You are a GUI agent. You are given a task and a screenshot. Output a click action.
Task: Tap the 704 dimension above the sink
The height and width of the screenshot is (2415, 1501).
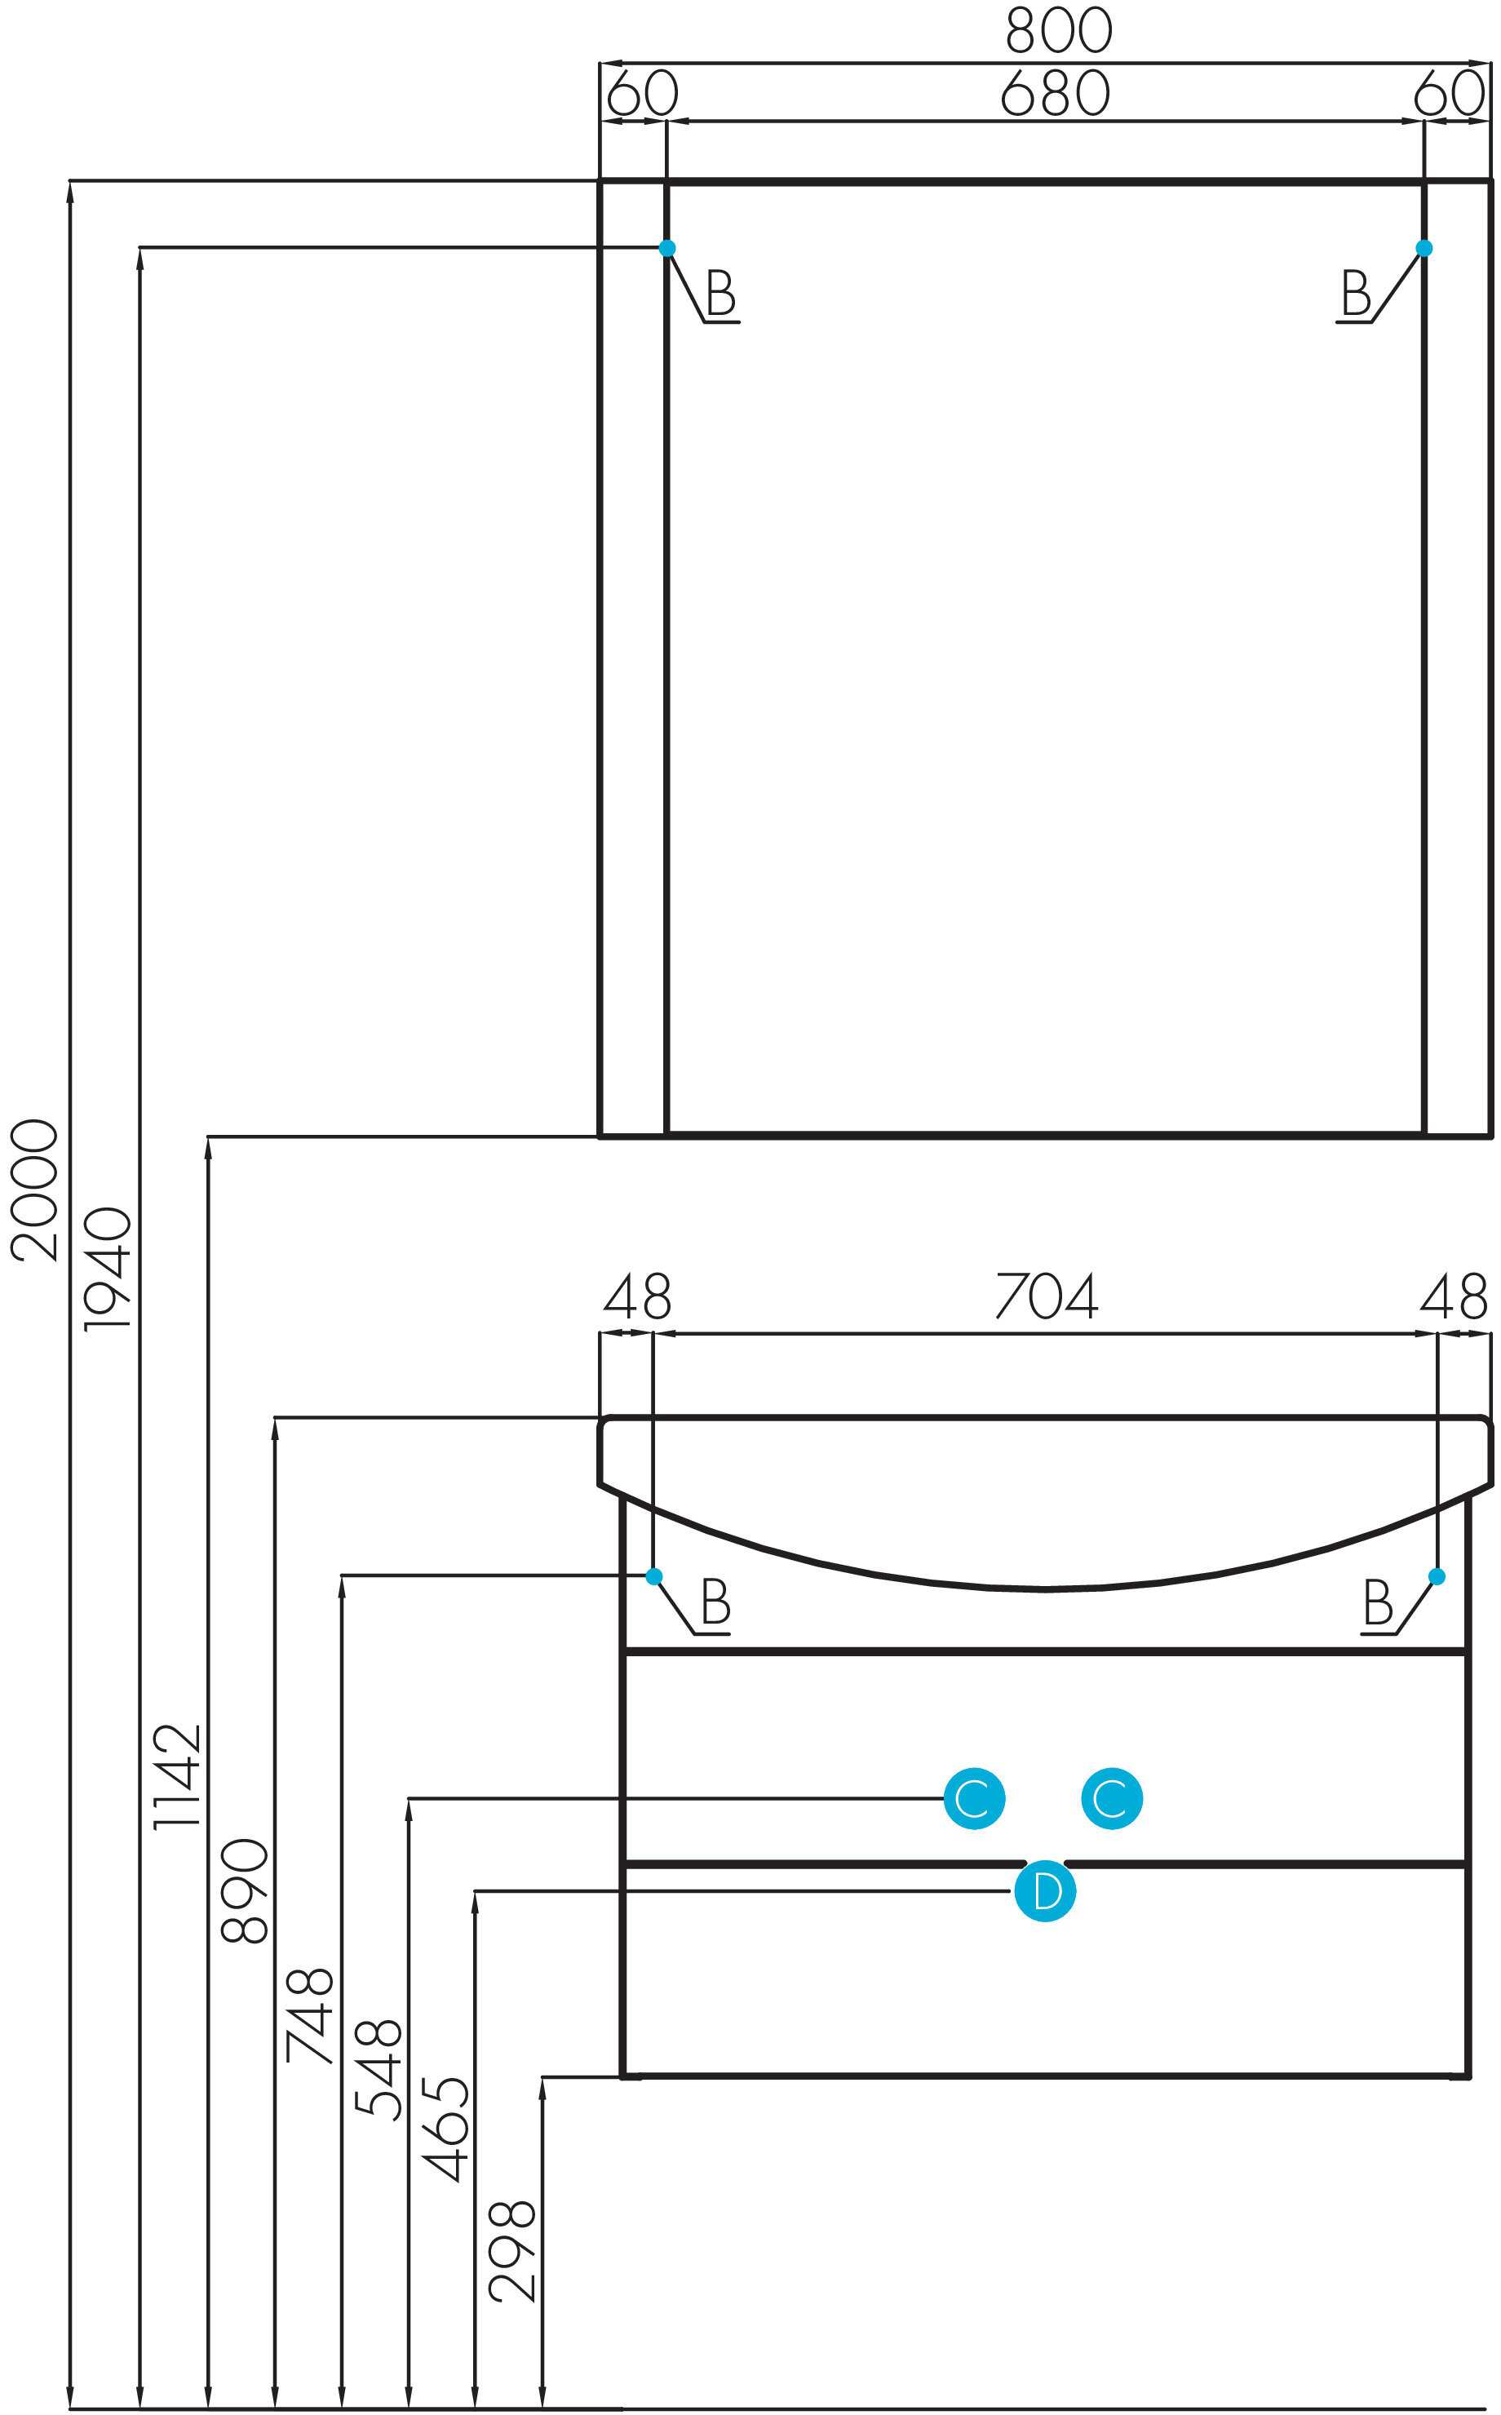(x=1047, y=1296)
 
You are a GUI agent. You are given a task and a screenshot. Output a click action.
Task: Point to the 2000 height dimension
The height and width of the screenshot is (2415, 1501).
(x=36, y=1190)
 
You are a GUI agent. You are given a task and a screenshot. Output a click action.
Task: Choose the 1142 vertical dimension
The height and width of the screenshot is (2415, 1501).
(x=177, y=1777)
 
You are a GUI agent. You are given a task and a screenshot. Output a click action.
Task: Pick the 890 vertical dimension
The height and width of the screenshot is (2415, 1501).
(x=244, y=1891)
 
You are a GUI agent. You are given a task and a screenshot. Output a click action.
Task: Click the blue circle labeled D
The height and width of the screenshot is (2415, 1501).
(x=1044, y=1891)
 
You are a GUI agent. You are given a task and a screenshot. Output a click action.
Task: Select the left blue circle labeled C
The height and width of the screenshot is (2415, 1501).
(x=974, y=1798)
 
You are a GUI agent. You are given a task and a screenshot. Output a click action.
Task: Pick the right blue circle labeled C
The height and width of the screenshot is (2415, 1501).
(x=1112, y=1798)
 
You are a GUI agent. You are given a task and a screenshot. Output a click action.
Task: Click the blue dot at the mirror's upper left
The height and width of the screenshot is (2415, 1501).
(x=667, y=248)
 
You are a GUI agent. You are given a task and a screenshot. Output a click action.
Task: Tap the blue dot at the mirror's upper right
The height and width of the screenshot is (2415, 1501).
(x=1424, y=248)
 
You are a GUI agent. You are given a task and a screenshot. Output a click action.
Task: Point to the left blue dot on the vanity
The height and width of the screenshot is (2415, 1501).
(x=654, y=1576)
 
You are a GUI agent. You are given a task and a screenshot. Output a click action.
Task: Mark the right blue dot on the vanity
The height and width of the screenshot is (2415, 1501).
(x=1437, y=1576)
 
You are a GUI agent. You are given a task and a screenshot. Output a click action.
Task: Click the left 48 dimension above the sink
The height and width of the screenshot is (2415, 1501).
(x=637, y=1296)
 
